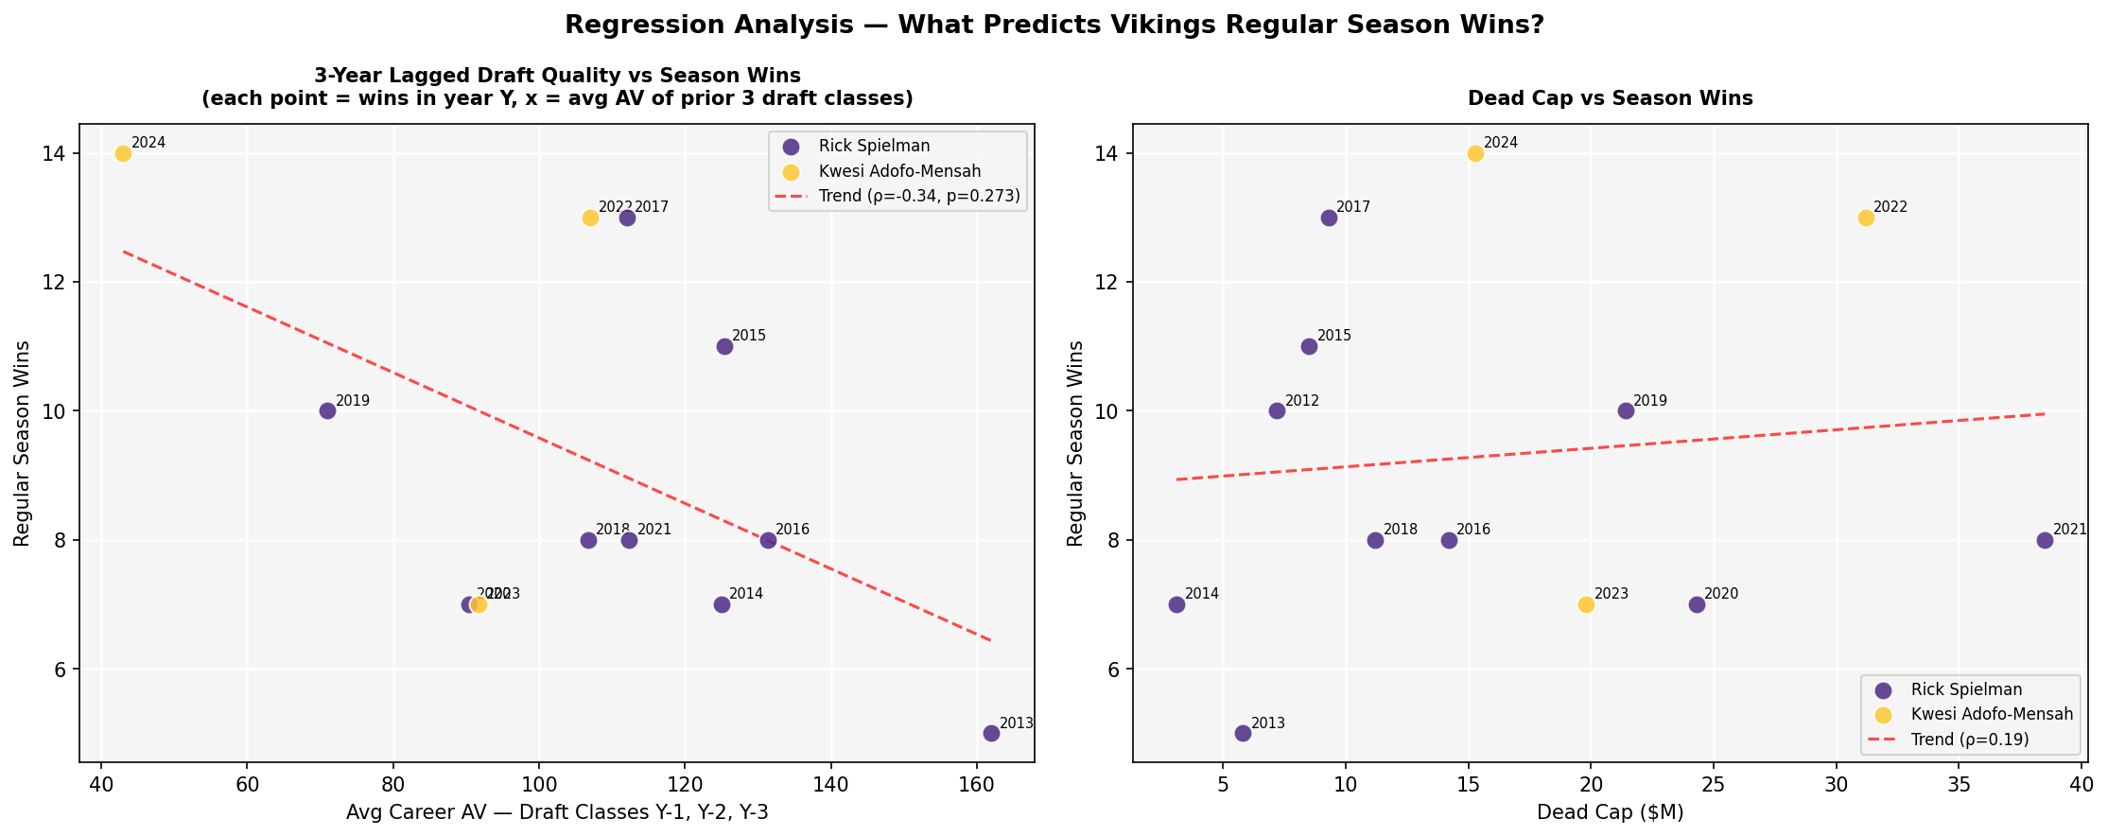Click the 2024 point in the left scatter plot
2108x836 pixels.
click(123, 154)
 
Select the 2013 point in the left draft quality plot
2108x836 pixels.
click(991, 733)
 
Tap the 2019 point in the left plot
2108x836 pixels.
click(327, 410)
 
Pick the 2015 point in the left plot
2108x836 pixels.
click(724, 346)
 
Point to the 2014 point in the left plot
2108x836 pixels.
click(722, 604)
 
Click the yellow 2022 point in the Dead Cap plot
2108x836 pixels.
click(1866, 218)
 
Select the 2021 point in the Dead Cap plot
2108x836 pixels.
click(2045, 540)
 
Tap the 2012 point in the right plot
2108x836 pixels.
click(1277, 410)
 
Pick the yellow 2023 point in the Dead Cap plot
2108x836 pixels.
click(1586, 604)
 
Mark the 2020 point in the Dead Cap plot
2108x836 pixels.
click(1697, 604)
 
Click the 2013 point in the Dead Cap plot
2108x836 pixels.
click(1243, 733)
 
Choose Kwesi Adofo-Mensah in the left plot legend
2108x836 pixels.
click(899, 171)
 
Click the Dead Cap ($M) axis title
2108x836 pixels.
click(1610, 811)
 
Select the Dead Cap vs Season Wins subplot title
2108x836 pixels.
click(1610, 98)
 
